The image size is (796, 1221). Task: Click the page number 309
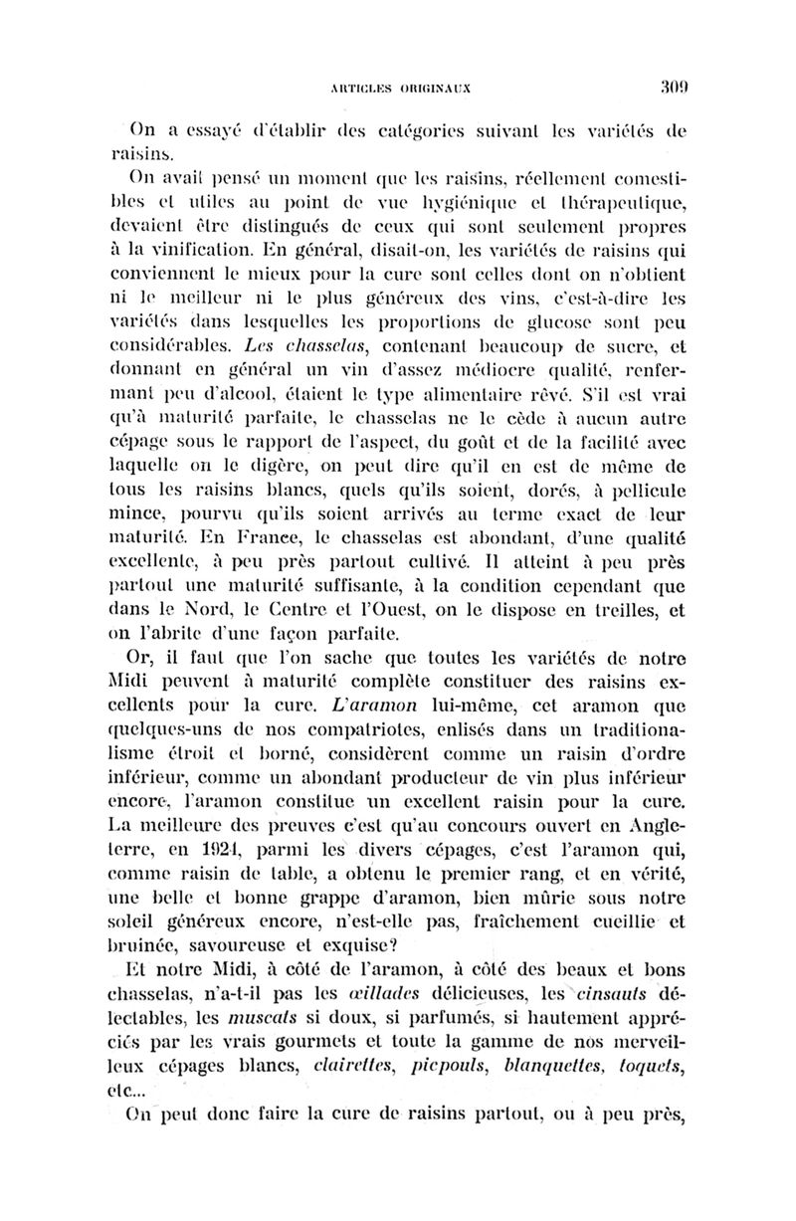tap(674, 86)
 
